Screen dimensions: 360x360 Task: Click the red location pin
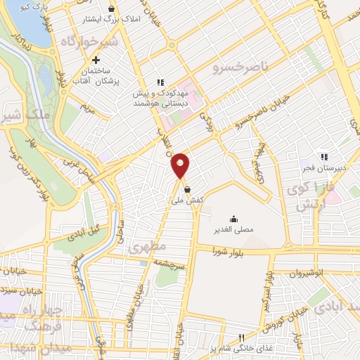coord(181,165)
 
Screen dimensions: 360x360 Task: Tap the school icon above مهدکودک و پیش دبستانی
coord(161,82)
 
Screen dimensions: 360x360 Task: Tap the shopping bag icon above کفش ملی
coord(186,189)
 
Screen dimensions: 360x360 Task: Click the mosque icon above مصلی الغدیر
coord(233,218)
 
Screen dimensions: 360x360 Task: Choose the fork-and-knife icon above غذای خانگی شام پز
coord(242,338)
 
